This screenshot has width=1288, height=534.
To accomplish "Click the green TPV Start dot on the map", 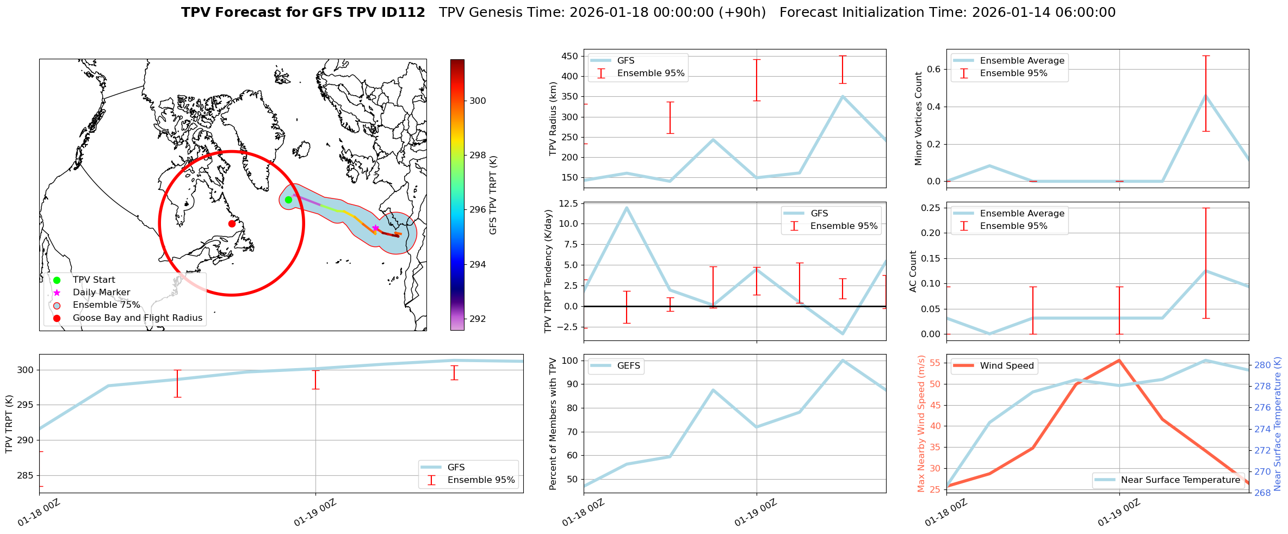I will click(x=288, y=200).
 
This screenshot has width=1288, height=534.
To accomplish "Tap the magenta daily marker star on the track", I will click(x=375, y=228).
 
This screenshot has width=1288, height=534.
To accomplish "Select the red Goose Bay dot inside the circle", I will click(x=232, y=223).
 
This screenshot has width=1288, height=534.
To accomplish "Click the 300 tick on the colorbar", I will click(x=478, y=101).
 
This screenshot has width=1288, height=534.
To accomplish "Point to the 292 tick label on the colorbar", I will click(x=478, y=319).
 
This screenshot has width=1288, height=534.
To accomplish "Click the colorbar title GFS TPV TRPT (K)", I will click(x=493, y=195).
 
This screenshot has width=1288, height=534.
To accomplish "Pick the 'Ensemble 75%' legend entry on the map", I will click(x=106, y=305).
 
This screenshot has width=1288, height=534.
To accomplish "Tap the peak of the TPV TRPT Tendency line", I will click(x=627, y=207).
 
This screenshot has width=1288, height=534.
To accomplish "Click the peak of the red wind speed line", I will click(x=1119, y=360).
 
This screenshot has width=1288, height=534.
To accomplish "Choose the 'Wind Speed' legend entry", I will click(x=1006, y=366).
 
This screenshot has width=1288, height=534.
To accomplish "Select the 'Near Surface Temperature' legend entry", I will click(x=1180, y=480).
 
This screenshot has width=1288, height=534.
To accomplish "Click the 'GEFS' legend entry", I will click(x=628, y=366).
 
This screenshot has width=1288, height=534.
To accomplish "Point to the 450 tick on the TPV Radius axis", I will click(x=570, y=56).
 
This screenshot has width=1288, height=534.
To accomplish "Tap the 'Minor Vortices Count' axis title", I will click(x=918, y=119).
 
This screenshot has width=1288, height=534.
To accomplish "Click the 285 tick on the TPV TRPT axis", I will click(x=25, y=475).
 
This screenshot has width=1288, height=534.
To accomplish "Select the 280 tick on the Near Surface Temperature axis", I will click(x=1262, y=365).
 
